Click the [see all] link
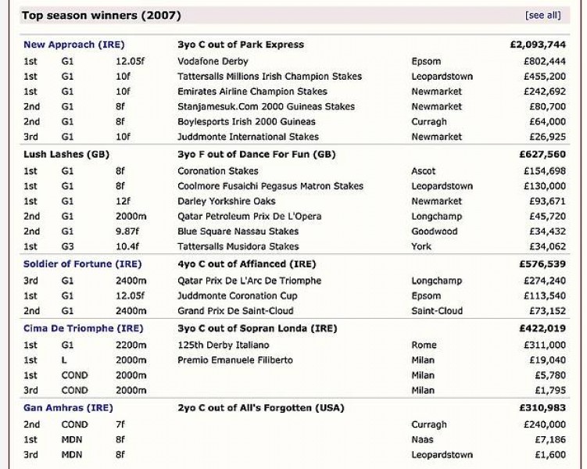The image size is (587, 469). [542, 15]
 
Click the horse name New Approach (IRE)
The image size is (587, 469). [73, 45]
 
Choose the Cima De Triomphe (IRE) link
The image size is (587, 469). [83, 328]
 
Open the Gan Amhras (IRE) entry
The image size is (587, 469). [68, 408]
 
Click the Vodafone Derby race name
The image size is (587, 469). [213, 61]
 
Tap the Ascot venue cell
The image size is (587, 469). [425, 171]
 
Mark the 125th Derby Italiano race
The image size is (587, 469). [223, 345]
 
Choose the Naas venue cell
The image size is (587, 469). [423, 440]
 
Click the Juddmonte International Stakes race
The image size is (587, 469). [249, 137]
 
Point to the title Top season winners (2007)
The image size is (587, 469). [102, 15]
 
